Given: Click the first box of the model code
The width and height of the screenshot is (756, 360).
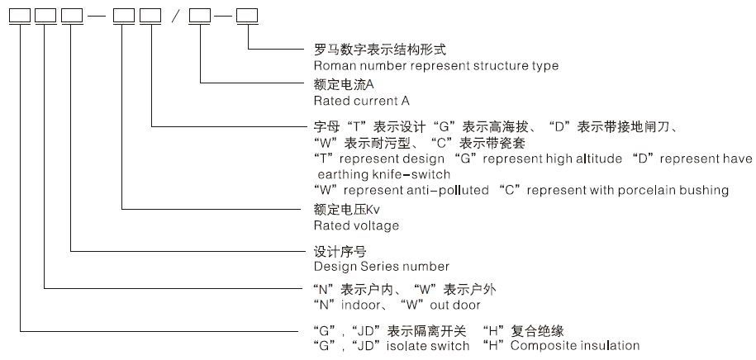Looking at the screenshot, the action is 21,17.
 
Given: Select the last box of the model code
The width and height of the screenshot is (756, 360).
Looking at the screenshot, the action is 247,17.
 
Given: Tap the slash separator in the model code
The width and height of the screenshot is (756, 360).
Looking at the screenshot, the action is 175,17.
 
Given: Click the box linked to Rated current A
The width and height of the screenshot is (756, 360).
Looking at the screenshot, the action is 200,17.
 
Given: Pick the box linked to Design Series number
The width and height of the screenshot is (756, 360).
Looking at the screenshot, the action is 72,17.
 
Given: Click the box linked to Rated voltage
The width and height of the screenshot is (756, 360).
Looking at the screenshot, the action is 124,17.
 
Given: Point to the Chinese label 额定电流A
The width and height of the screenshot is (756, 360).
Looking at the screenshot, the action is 344,85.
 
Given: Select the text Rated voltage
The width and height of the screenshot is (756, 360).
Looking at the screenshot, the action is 356,225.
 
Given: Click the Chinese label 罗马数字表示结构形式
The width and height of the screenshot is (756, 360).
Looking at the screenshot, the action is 380,50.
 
